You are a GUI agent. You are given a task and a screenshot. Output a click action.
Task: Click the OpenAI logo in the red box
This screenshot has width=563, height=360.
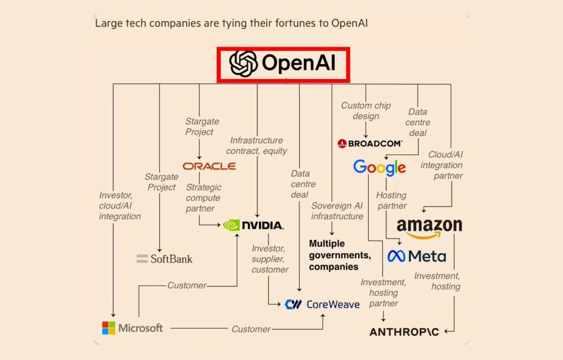click(283, 64)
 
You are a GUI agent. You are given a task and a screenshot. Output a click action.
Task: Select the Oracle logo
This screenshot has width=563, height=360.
click(209, 166)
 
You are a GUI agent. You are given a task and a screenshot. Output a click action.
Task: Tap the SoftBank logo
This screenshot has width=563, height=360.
click(164, 259)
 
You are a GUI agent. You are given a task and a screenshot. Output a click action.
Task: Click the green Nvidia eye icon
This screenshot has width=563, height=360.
click(231, 226)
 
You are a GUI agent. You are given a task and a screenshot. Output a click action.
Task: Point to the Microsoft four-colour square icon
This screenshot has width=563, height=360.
click(109, 328)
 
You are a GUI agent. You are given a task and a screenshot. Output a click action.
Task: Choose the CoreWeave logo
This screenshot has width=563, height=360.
click(322, 304)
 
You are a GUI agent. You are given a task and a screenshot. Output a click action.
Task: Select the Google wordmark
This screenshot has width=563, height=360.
click(380, 168)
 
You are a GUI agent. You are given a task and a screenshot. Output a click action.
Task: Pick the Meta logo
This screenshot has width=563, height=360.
click(416, 256)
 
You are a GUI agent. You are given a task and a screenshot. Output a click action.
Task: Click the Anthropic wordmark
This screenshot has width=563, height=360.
click(404, 332)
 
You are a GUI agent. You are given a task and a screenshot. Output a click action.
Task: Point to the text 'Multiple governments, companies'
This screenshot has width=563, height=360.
click(339, 255)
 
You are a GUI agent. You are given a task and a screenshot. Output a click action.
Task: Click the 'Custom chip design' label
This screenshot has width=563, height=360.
click(366, 111)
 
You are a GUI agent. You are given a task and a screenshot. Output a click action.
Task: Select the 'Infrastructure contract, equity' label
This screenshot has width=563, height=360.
click(257, 145)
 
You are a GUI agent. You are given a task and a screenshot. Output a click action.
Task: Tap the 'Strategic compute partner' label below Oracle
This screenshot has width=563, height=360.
click(203, 198)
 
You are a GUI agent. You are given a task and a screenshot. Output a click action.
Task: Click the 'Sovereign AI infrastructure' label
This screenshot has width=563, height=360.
click(337, 211)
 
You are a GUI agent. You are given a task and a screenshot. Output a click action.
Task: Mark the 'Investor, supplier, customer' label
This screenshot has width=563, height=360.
click(270, 259)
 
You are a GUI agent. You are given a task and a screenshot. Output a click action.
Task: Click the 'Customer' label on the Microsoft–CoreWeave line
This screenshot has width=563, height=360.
click(251, 329)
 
